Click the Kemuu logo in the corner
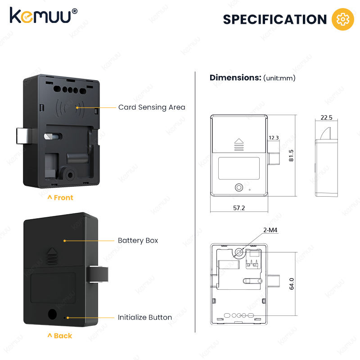pyautogui.click(x=43, y=16)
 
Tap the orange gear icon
pyautogui.click(x=343, y=19)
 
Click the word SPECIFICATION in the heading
pyautogui.click(x=275, y=19)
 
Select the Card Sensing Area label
pyautogui.click(x=152, y=107)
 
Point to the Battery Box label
pyautogui.click(x=138, y=240)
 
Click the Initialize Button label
pyautogui.click(x=145, y=317)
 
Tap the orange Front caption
pyautogui.click(x=60, y=198)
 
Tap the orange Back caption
pyautogui.click(x=60, y=336)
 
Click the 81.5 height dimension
pyautogui.click(x=291, y=155)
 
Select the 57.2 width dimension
pyautogui.click(x=239, y=208)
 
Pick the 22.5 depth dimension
pyautogui.click(x=327, y=117)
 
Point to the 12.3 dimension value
pyautogui.click(x=274, y=138)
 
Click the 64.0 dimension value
pyautogui.click(x=292, y=284)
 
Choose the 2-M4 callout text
pyautogui.click(x=270, y=230)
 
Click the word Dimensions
pyautogui.click(x=235, y=77)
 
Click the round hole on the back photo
pyautogui.click(x=52, y=314)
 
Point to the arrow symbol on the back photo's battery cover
pyautogui.click(x=52, y=256)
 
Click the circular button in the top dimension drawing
pyautogui.click(x=239, y=187)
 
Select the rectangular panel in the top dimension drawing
pyautogui.click(x=239, y=168)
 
